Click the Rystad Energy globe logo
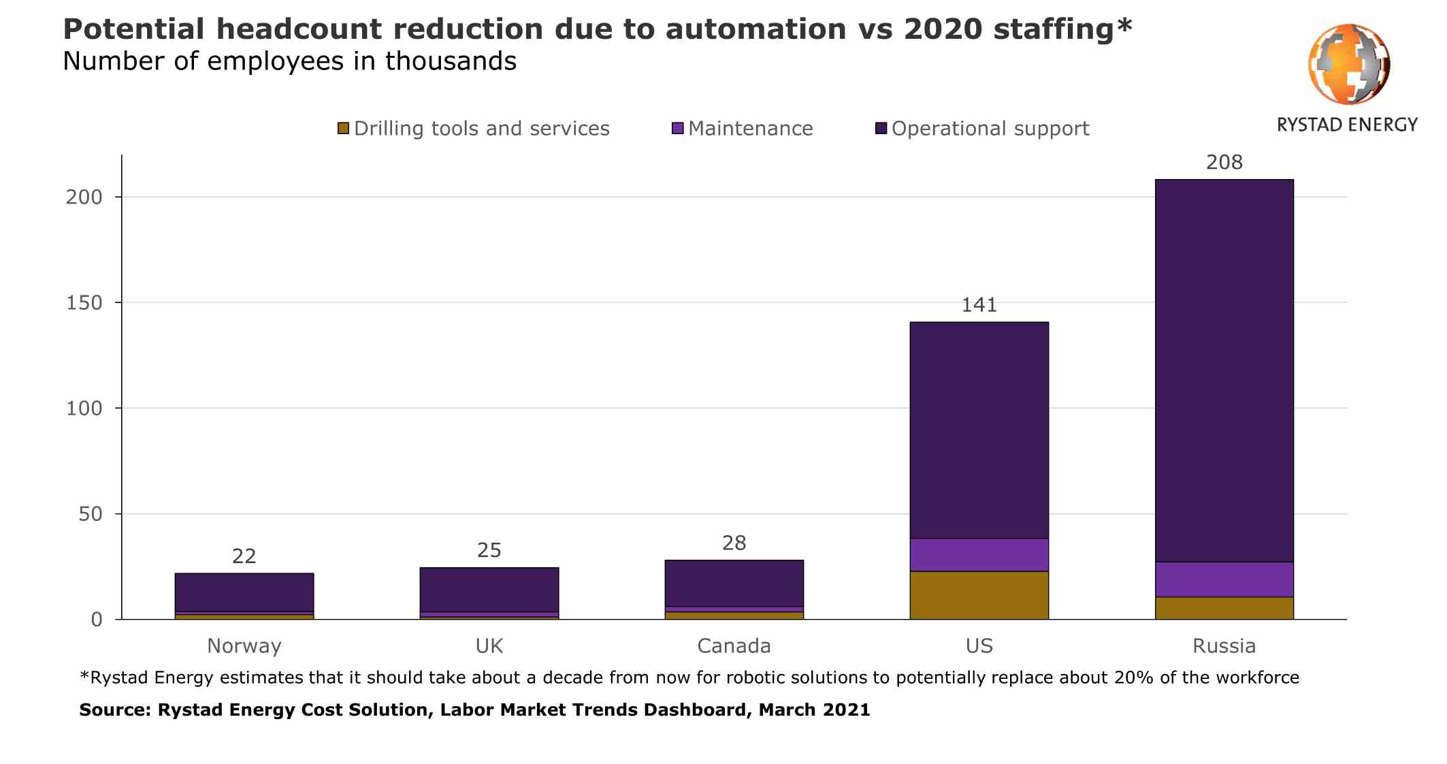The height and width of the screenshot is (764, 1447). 1348,64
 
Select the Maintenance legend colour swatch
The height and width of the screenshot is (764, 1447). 677,128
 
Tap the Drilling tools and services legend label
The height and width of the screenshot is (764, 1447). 481,128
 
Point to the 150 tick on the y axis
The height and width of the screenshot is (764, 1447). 84,303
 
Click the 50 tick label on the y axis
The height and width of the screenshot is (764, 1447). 90,514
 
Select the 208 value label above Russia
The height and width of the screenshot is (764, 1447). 1224,162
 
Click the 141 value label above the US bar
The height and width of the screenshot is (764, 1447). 979,304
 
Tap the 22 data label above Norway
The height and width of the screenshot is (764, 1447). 244,556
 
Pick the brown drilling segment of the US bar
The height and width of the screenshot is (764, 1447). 979,595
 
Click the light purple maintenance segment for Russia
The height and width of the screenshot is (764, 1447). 1224,579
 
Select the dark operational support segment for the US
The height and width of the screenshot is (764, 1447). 979,429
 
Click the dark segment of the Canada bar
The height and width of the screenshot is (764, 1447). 734,583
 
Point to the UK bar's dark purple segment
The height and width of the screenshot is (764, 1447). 489,590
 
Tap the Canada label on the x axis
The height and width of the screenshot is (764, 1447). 734,646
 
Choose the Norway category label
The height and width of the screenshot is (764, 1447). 244,646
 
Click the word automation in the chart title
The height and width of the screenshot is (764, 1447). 755,29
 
